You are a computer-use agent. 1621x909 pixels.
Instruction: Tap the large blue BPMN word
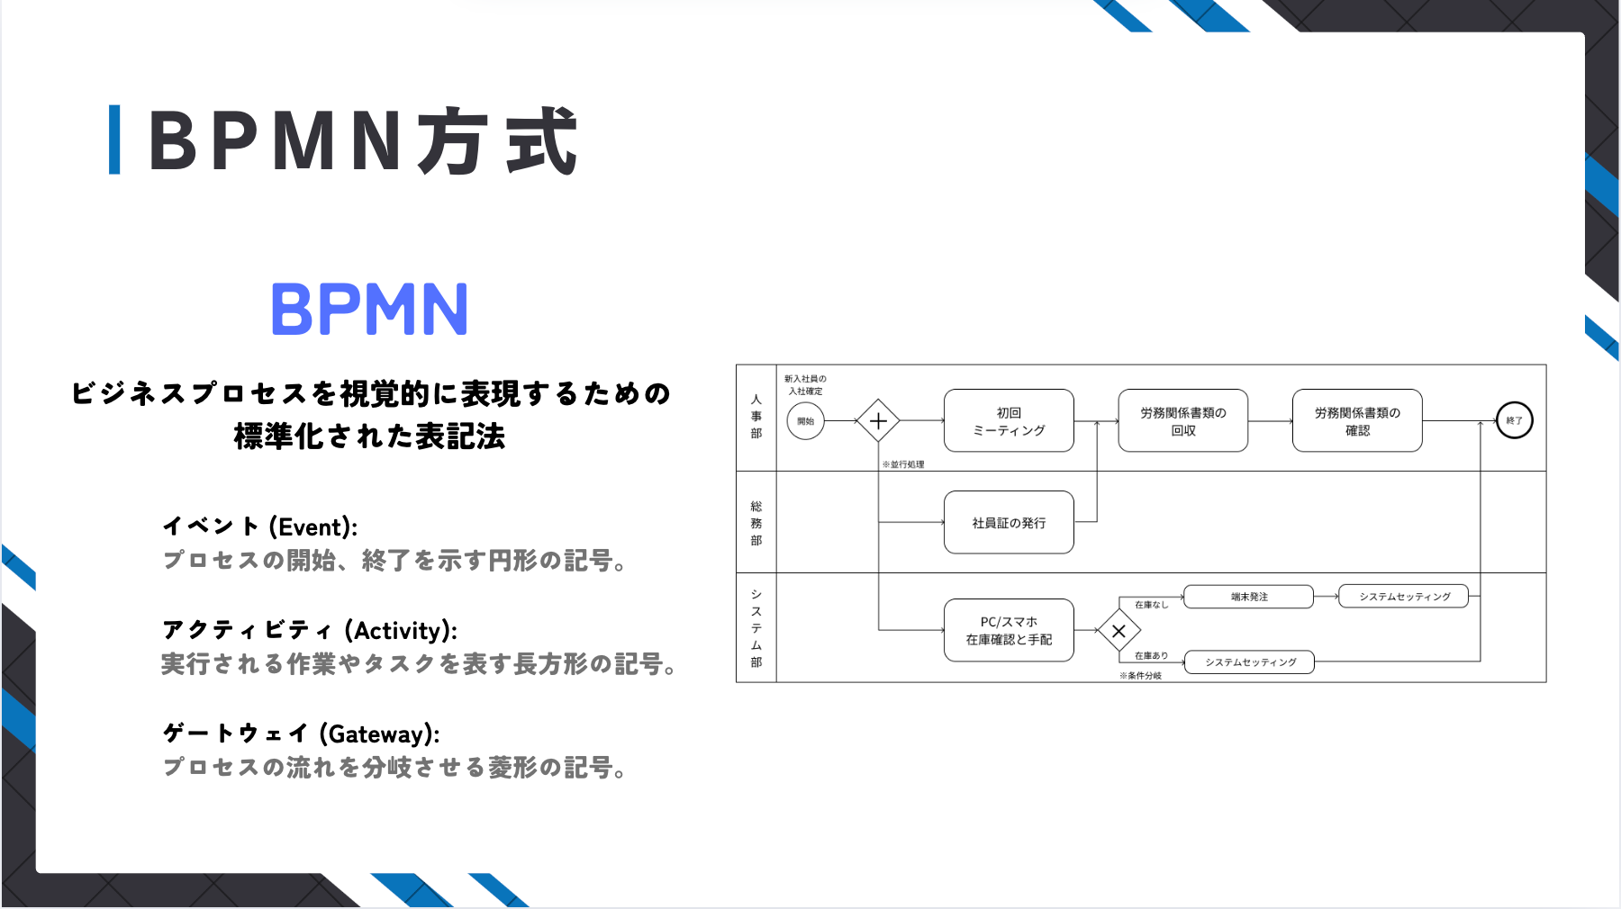[369, 310]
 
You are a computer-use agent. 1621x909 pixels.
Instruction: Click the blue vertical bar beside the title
[114, 139]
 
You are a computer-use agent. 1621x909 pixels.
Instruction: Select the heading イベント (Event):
[259, 526]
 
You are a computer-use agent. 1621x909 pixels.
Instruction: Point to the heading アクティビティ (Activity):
[309, 630]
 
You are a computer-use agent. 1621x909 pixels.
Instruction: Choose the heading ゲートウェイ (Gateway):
[301, 733]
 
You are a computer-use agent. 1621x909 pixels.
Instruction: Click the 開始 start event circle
[805, 420]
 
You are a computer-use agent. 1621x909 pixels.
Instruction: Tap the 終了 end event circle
[1514, 420]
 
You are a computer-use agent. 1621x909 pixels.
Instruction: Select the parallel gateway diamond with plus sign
[878, 420]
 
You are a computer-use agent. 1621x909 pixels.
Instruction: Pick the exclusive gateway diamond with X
[1118, 631]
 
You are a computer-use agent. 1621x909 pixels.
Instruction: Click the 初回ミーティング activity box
[1009, 420]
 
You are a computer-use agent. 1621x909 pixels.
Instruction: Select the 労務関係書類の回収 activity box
[1182, 420]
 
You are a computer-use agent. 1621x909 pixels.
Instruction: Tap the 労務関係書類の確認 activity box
[1357, 420]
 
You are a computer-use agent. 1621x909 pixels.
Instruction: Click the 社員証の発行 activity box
[1009, 522]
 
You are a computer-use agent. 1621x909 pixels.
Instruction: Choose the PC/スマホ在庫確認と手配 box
[1009, 630]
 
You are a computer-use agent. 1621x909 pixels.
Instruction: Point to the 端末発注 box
[1249, 597]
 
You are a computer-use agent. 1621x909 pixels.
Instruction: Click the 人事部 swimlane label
[756, 416]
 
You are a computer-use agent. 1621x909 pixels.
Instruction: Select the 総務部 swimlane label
[756, 523]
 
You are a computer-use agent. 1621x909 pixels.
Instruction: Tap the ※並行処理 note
[902, 464]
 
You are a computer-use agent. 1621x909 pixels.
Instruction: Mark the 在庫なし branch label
[1151, 605]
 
